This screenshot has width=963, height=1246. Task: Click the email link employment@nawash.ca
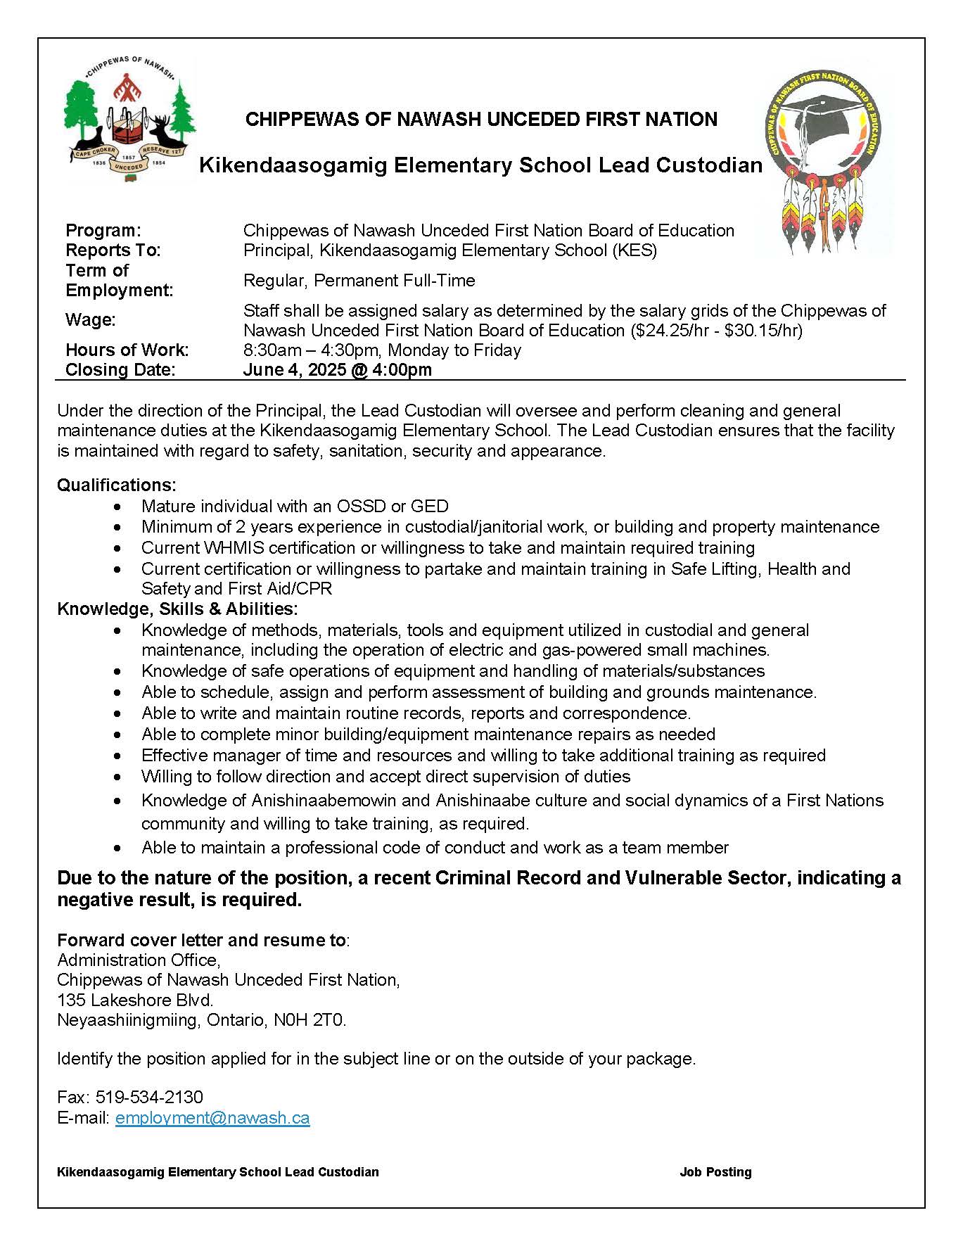click(212, 1117)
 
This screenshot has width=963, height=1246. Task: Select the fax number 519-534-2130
click(149, 1097)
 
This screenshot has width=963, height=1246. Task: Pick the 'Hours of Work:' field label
click(127, 350)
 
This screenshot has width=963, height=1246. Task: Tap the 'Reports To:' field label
click(113, 250)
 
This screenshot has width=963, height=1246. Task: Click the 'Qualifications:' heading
click(117, 485)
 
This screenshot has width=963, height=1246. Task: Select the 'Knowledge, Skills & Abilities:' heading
click(177, 609)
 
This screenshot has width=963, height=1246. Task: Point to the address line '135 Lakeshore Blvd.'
click(135, 1000)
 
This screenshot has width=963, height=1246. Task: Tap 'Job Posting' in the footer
click(715, 1171)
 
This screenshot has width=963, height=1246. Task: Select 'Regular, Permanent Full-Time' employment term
click(359, 280)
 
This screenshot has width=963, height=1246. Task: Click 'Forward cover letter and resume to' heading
click(201, 940)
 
